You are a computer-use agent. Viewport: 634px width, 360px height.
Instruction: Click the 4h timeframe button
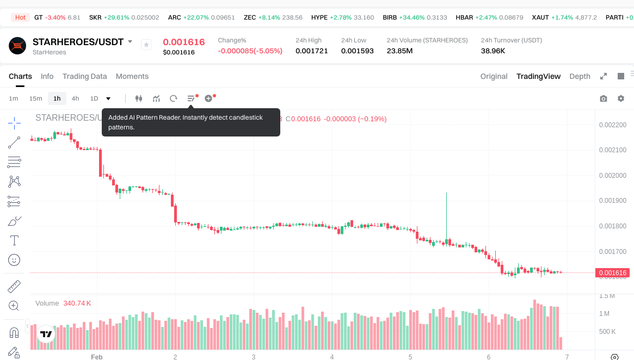(75, 98)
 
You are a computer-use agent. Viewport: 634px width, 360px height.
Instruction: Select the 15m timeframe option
(35, 98)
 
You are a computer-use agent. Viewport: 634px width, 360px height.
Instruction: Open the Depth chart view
(580, 76)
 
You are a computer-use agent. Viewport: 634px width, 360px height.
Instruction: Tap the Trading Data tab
(84, 76)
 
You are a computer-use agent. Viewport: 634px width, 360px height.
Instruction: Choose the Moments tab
(132, 76)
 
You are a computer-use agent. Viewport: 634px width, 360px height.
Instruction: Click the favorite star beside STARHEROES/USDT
(146, 45)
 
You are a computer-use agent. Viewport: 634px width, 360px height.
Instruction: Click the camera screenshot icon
(603, 98)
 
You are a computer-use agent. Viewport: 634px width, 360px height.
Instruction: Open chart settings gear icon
(621, 98)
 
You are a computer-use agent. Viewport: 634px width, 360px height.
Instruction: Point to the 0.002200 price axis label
(612, 125)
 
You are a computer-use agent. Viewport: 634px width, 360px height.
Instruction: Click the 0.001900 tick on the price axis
(612, 201)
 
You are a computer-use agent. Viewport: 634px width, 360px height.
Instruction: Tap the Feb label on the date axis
(96, 357)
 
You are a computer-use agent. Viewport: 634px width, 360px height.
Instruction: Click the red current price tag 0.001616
(612, 273)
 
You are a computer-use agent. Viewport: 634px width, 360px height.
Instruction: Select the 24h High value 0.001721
(312, 51)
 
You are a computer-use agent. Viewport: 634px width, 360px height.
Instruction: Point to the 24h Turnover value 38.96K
(493, 51)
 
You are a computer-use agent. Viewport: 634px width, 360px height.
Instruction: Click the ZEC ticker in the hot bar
(250, 17)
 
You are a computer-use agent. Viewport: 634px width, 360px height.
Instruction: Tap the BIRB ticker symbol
(390, 17)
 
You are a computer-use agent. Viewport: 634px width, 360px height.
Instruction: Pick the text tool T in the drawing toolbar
(15, 240)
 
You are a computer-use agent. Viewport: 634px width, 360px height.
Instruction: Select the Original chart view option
(494, 76)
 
